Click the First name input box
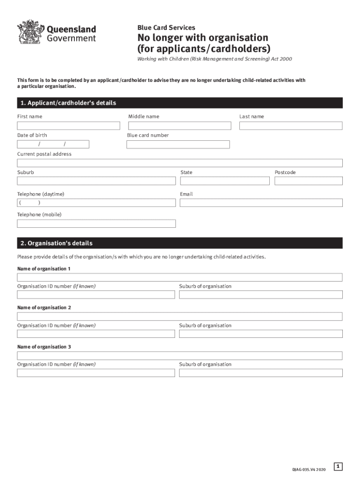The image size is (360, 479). (69, 126)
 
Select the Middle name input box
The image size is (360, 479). (180, 126)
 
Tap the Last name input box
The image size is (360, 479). (291, 126)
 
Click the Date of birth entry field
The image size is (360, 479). (53, 144)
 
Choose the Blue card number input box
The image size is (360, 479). (178, 145)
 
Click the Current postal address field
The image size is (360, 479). (180, 163)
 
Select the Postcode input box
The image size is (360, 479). (309, 181)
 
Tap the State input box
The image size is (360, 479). (225, 181)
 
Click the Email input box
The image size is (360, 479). (261, 203)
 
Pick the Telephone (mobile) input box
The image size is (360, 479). (96, 224)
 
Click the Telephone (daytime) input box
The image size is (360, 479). (96, 203)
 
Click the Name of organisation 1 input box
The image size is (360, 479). (180, 277)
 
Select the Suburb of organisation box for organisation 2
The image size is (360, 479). (261, 334)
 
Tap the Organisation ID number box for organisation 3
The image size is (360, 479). (96, 373)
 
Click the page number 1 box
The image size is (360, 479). (338, 466)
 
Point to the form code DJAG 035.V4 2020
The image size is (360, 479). (309, 469)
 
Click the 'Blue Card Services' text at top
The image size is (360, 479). (166, 28)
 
